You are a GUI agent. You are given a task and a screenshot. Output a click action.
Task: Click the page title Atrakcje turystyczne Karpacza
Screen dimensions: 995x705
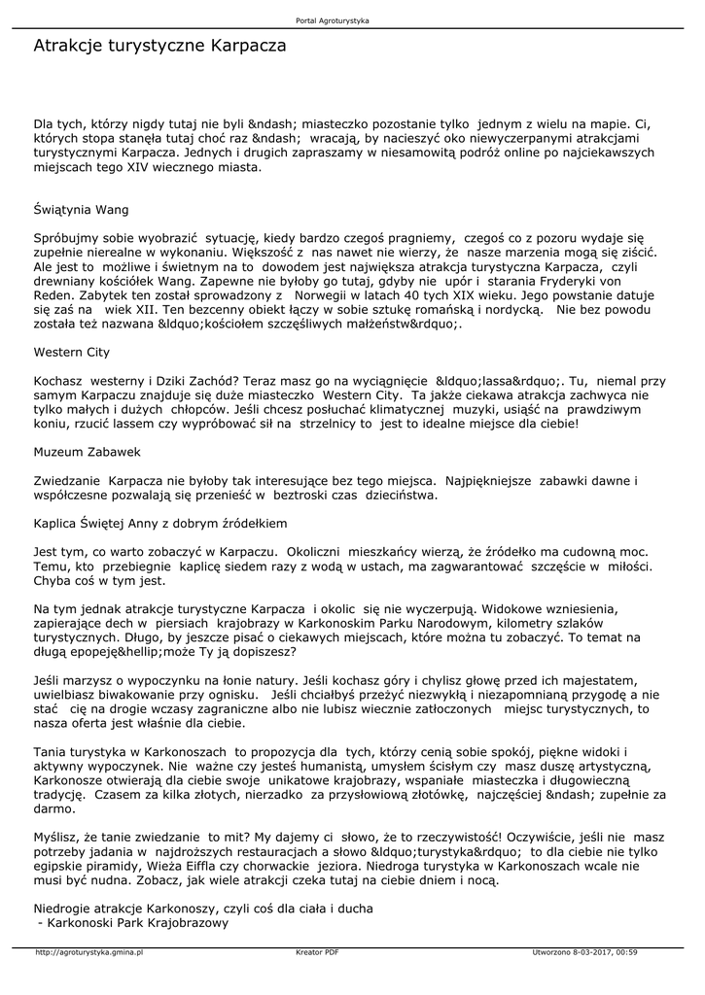159,46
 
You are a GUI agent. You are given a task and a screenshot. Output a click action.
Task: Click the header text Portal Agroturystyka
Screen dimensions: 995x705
332,20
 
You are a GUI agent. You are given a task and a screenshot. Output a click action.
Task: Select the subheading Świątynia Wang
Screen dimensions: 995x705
81,209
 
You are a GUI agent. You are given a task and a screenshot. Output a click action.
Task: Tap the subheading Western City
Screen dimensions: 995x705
72,352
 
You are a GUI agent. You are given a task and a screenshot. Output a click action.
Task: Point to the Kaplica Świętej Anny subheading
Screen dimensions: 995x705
160,523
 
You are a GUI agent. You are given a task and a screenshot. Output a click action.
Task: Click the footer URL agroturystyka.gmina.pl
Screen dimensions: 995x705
89,952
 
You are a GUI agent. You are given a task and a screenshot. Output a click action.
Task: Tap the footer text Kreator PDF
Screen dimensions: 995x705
317,952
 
